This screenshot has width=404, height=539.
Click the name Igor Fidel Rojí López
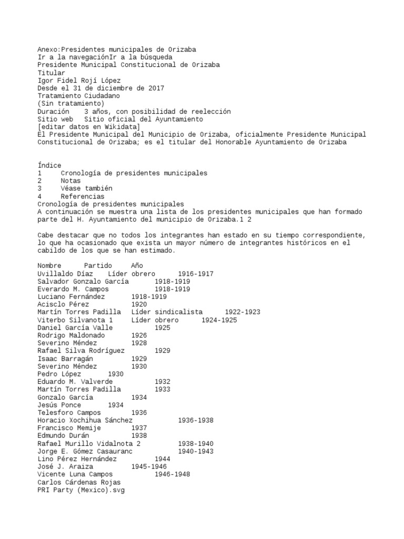pyautogui.click(x=79, y=81)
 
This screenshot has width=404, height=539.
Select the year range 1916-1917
pyautogui.click(x=196, y=274)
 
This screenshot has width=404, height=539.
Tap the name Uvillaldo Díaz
pyautogui.click(x=65, y=274)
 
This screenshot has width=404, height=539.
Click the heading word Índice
pyautogui.click(x=49, y=165)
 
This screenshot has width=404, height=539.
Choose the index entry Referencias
pyautogui.click(x=82, y=196)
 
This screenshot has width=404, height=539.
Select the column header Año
pyautogui.click(x=137, y=266)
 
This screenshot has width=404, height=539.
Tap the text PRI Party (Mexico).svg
pyautogui.click(x=81, y=490)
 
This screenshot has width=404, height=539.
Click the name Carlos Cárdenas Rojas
pyautogui.click(x=79, y=482)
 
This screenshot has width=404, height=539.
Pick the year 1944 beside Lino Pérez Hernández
pyautogui.click(x=163, y=458)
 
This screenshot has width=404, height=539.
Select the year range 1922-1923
pyautogui.click(x=243, y=312)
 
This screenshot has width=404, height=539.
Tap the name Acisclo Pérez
pyautogui.click(x=63, y=304)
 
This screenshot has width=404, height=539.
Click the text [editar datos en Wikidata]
pyautogui.click(x=88, y=127)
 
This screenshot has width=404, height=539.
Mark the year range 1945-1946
pyautogui.click(x=149, y=466)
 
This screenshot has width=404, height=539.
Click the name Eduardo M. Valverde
pyautogui.click(x=75, y=382)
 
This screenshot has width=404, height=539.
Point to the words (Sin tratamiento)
pyautogui.click(x=71, y=104)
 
